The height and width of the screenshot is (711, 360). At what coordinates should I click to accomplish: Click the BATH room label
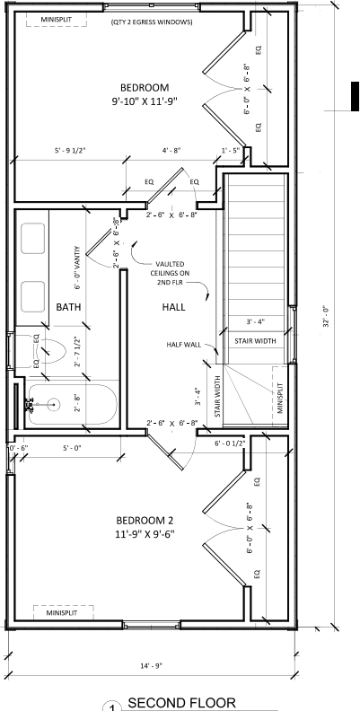[68, 307]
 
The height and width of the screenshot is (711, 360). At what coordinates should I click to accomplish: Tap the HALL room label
[173, 307]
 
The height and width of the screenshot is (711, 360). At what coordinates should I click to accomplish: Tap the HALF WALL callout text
[183, 344]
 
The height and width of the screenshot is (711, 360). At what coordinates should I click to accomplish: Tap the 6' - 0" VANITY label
[77, 268]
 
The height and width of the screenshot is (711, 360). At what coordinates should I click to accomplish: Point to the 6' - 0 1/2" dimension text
[234, 443]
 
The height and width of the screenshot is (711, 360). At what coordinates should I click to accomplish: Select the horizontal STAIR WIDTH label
[256, 341]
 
